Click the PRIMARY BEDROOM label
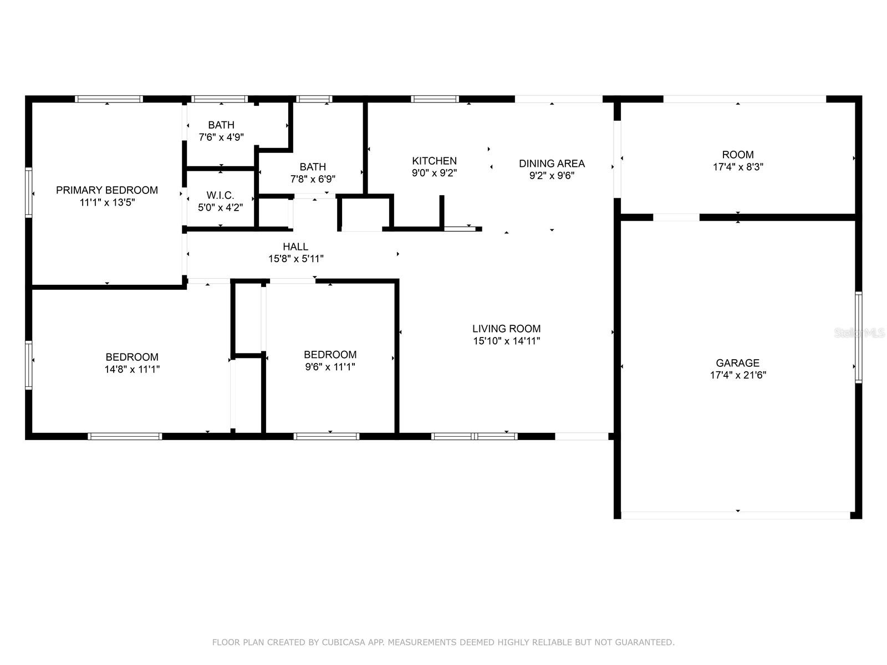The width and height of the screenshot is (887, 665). click(106, 190)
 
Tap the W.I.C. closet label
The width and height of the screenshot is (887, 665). click(220, 196)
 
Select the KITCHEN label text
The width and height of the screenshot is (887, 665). click(435, 161)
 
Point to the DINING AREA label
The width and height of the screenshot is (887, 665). click(552, 163)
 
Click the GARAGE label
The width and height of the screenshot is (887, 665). click(737, 363)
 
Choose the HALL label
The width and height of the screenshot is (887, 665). click(295, 247)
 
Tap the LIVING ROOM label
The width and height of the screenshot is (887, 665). click(506, 329)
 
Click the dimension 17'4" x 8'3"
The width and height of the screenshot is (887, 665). click(738, 167)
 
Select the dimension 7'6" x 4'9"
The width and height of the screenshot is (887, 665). click(221, 137)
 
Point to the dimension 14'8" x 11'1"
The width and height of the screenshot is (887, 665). click(132, 369)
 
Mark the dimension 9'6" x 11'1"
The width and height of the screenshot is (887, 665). click(330, 367)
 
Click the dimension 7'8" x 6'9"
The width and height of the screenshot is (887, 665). click(313, 179)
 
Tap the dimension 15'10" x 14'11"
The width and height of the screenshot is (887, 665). click(506, 341)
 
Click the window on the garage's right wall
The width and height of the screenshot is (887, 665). click(858, 337)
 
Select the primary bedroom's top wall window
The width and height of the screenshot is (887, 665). click(109, 99)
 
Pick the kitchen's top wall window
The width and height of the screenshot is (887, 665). click(435, 99)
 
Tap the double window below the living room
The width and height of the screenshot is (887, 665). click(475, 436)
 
